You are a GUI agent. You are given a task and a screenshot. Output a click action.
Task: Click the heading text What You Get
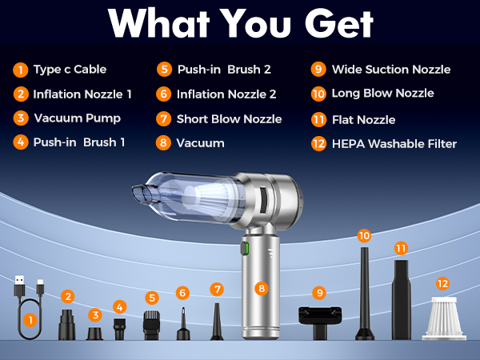240,25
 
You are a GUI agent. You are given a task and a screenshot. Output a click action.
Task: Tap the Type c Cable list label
70,69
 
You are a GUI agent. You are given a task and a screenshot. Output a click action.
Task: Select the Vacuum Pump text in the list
78,118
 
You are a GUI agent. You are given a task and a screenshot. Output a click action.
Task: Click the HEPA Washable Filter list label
394,144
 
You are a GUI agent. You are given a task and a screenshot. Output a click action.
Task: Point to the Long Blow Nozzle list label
383,94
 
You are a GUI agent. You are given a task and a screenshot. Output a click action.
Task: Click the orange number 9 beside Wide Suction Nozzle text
318,69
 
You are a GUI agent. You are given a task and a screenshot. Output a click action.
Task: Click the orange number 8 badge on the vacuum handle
261,288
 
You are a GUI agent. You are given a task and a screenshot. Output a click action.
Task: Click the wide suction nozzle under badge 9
319,320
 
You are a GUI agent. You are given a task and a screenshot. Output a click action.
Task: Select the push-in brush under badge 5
152,324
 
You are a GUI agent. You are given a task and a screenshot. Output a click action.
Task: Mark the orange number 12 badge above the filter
442,284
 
